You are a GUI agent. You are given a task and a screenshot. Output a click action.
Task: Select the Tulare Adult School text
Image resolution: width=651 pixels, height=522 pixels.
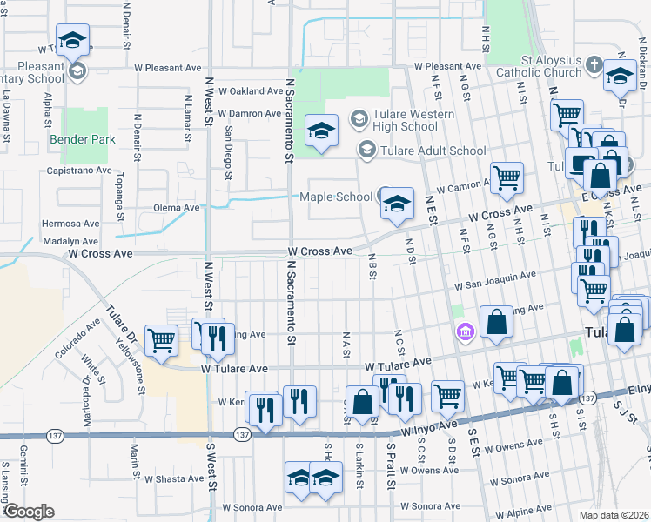[x=433, y=151]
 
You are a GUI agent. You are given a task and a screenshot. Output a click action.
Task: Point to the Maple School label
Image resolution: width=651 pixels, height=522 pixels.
[x=335, y=197]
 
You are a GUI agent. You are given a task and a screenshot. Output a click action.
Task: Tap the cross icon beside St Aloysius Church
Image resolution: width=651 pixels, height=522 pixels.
[x=594, y=64]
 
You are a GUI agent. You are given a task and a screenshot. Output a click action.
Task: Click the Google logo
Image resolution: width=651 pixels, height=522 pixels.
[x=28, y=512]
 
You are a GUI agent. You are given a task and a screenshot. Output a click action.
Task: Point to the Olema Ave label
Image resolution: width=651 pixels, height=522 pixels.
[x=177, y=208]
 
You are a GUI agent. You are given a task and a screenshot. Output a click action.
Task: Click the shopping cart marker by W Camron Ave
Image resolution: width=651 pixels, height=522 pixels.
[x=507, y=178]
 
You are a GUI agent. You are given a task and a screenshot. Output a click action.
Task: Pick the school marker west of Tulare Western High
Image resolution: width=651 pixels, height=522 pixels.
[x=321, y=132]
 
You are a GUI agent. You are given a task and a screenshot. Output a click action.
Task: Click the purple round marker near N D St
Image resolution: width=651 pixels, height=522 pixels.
[x=465, y=331]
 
